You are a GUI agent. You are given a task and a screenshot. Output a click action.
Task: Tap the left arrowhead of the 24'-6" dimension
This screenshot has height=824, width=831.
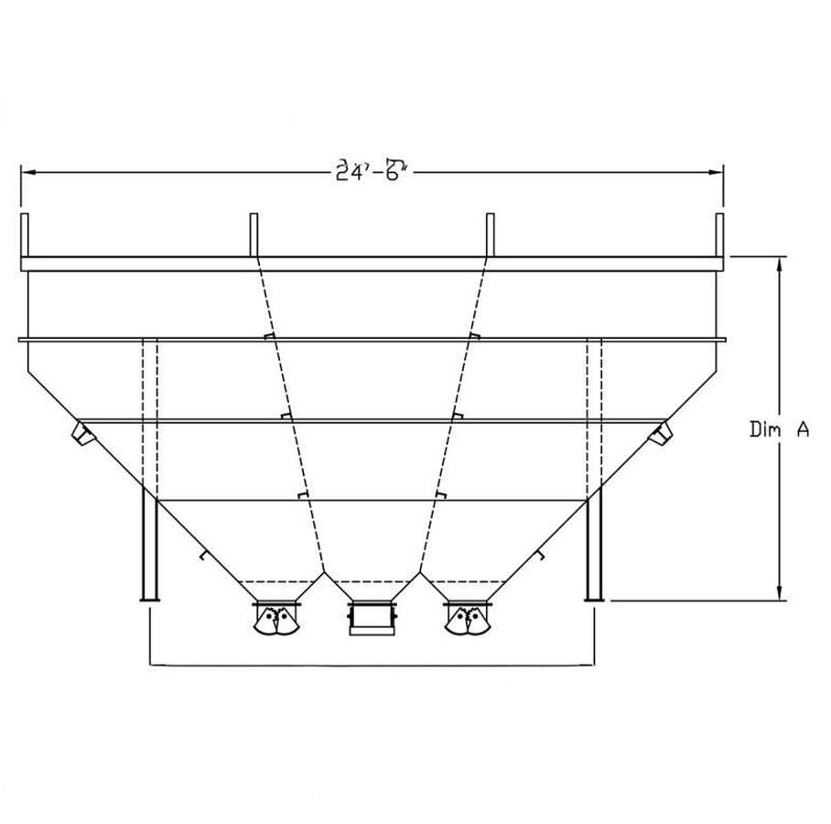(26, 171)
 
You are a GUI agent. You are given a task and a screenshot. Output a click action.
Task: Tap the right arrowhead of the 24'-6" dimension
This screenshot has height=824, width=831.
(718, 171)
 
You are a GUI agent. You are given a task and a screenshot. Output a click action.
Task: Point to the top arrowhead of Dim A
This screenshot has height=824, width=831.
(779, 264)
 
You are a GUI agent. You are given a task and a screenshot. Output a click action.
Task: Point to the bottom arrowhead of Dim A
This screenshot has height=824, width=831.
(779, 595)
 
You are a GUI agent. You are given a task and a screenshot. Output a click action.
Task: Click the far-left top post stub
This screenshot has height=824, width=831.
(25, 235)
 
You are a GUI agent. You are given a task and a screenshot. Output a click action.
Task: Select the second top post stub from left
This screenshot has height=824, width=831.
(254, 235)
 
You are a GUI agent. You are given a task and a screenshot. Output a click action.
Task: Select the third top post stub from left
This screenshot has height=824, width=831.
(490, 235)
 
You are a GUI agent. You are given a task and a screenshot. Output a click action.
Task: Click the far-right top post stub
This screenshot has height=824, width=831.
(719, 235)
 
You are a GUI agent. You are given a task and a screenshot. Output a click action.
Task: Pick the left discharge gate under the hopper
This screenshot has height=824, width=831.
(277, 618)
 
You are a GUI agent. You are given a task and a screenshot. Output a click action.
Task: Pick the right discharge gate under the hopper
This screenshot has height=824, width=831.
(469, 618)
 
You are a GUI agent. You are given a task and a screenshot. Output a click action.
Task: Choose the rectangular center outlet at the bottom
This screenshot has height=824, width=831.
(372, 618)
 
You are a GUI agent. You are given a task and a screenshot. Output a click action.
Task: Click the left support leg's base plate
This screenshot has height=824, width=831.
(149, 600)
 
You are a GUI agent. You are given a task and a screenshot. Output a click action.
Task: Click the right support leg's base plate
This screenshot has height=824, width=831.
(594, 600)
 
